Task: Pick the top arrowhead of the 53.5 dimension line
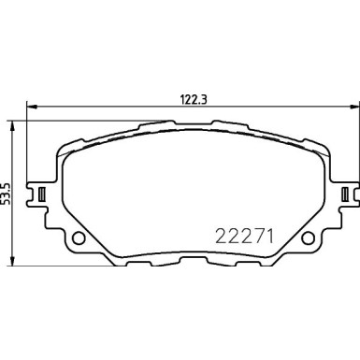pos(12,122)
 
